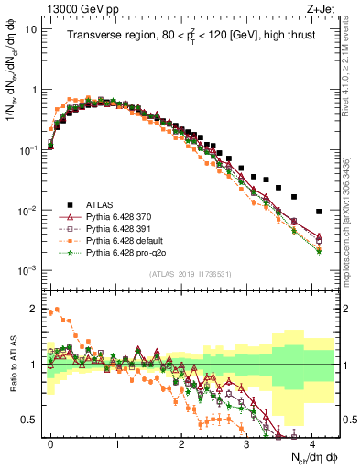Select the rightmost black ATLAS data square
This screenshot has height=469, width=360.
pos(319,211)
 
